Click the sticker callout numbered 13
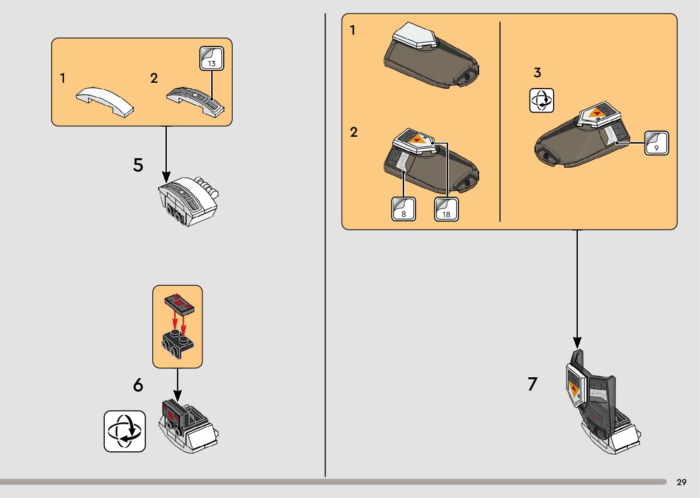pos(212,59)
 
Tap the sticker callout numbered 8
pos(403,209)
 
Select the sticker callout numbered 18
pos(446,209)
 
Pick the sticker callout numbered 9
pos(656,143)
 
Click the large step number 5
pos(138,165)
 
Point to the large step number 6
pos(138,385)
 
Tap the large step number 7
pos(532,384)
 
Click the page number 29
pos(681,482)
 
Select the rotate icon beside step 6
pos(125,431)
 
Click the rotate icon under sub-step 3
pos(541,101)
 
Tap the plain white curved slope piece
pos(105,101)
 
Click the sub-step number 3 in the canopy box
pos(537,72)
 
